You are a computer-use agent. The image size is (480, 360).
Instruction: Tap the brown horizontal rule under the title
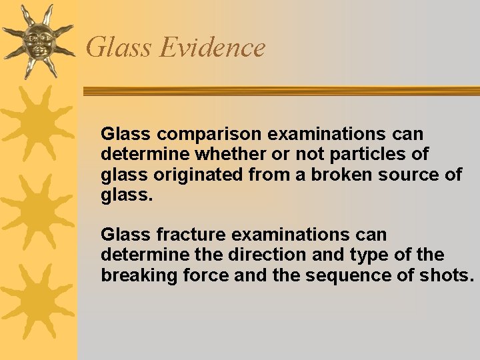click(x=280, y=91)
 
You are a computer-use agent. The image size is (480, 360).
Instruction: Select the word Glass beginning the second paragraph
click(x=121, y=235)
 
